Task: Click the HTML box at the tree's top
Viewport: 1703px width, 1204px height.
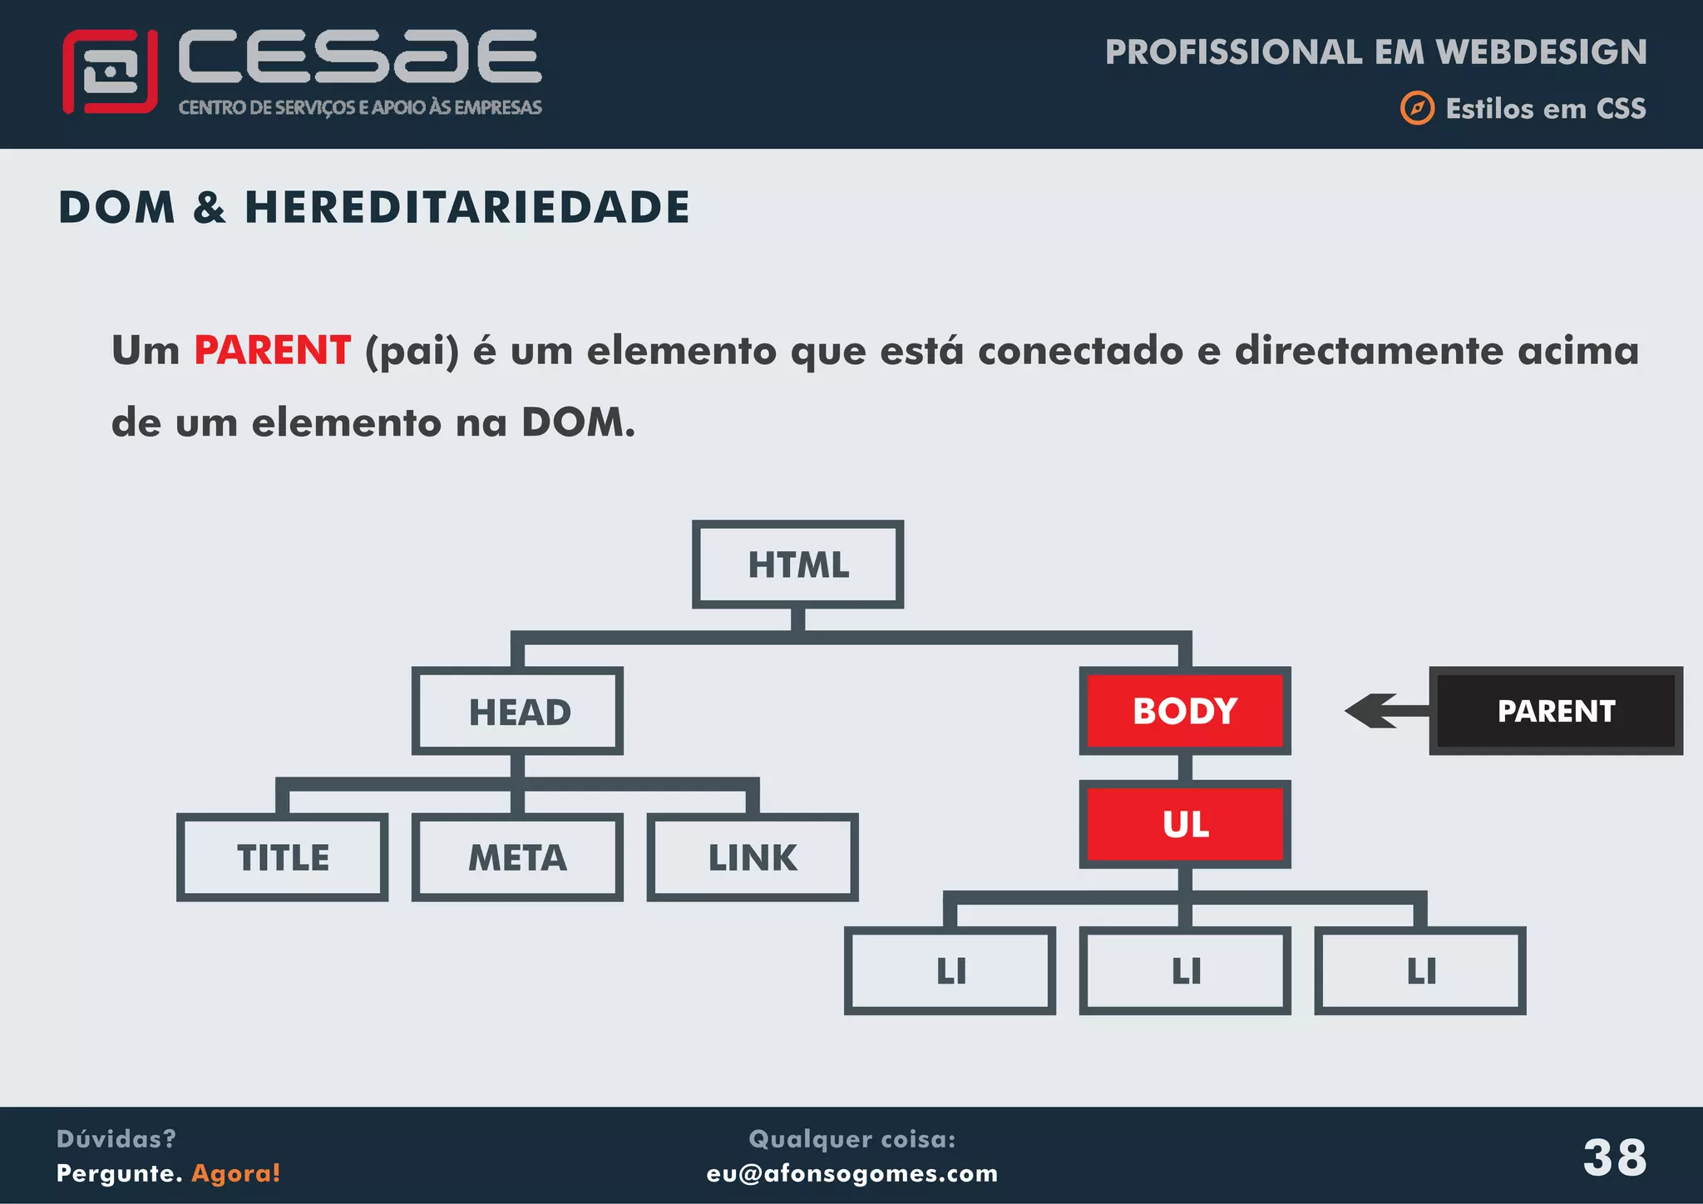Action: coord(798,565)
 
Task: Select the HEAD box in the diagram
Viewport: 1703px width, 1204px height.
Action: coord(518,712)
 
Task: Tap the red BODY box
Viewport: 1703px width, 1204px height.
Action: coord(1185,711)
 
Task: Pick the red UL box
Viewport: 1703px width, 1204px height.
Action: coord(1185,824)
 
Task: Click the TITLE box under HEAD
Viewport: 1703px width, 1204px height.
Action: coord(283,857)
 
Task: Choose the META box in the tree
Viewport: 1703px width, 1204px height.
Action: coord(518,857)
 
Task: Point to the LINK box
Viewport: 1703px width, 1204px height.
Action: coord(753,857)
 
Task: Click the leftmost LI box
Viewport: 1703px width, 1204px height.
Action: coord(950,970)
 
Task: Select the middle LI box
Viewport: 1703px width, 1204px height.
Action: coord(1185,970)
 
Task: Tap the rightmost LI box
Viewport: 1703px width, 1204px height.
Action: coord(1420,970)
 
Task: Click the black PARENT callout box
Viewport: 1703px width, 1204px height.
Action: coord(1556,711)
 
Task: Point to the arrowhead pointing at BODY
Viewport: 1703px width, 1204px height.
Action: coord(1368,711)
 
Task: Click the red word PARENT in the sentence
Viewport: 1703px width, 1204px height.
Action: coord(272,350)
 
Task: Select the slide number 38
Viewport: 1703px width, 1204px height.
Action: coord(1614,1157)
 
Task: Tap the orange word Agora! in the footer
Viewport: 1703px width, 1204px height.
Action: coord(236,1173)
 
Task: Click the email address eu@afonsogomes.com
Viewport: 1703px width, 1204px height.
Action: coord(851,1173)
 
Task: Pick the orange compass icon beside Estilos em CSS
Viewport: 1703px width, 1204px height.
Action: coord(1417,108)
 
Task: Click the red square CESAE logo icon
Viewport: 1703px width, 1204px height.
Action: coord(110,72)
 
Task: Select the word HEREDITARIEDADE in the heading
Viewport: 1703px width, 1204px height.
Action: coord(466,207)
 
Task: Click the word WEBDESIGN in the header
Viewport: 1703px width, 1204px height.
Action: coord(1541,52)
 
